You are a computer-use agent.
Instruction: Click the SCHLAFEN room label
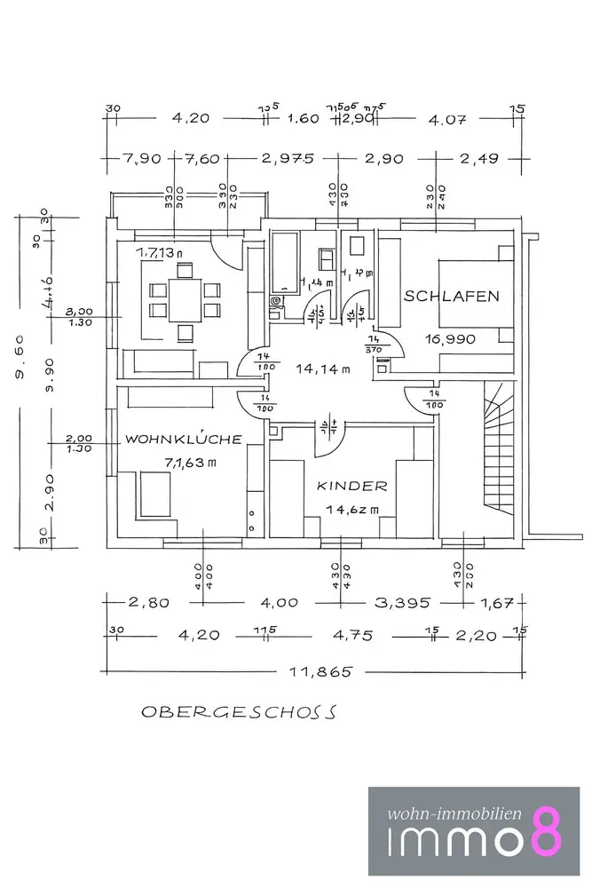(x=451, y=297)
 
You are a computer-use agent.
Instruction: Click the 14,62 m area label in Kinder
(x=351, y=511)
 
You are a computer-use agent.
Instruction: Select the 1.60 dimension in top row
(x=304, y=118)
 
